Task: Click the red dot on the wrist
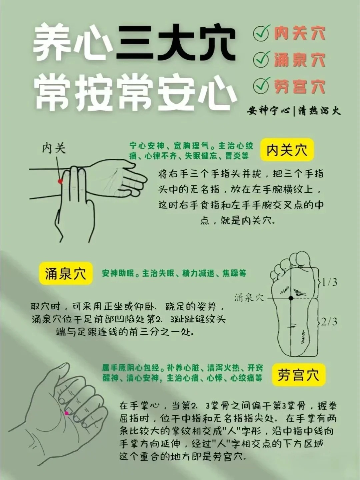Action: [x=60, y=181]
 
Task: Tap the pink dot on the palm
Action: [x=67, y=413]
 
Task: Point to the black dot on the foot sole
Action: [x=291, y=298]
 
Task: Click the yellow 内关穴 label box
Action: [x=287, y=150]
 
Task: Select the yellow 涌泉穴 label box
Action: [x=65, y=273]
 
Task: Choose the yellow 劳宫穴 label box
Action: [x=298, y=375]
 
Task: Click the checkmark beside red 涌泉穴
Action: [x=261, y=59]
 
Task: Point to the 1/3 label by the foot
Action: [x=329, y=282]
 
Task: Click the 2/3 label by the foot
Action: [x=329, y=322]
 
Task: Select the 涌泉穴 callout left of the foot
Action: [x=249, y=297]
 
